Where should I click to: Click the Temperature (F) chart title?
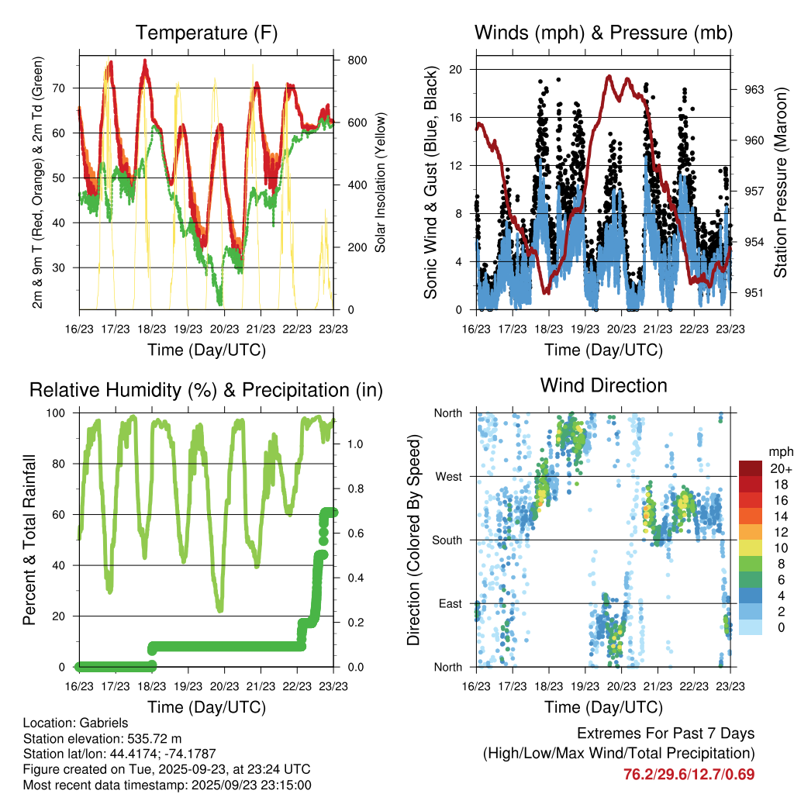coord(206,33)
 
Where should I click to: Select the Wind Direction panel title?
coord(603,385)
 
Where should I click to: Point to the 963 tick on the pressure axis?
coord(754,89)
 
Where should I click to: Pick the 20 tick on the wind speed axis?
coord(456,69)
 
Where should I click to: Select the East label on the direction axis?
coord(449,603)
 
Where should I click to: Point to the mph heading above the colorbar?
coord(780,451)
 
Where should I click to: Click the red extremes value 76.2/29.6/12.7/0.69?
coord(689,774)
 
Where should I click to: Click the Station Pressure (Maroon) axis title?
coord(781,182)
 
